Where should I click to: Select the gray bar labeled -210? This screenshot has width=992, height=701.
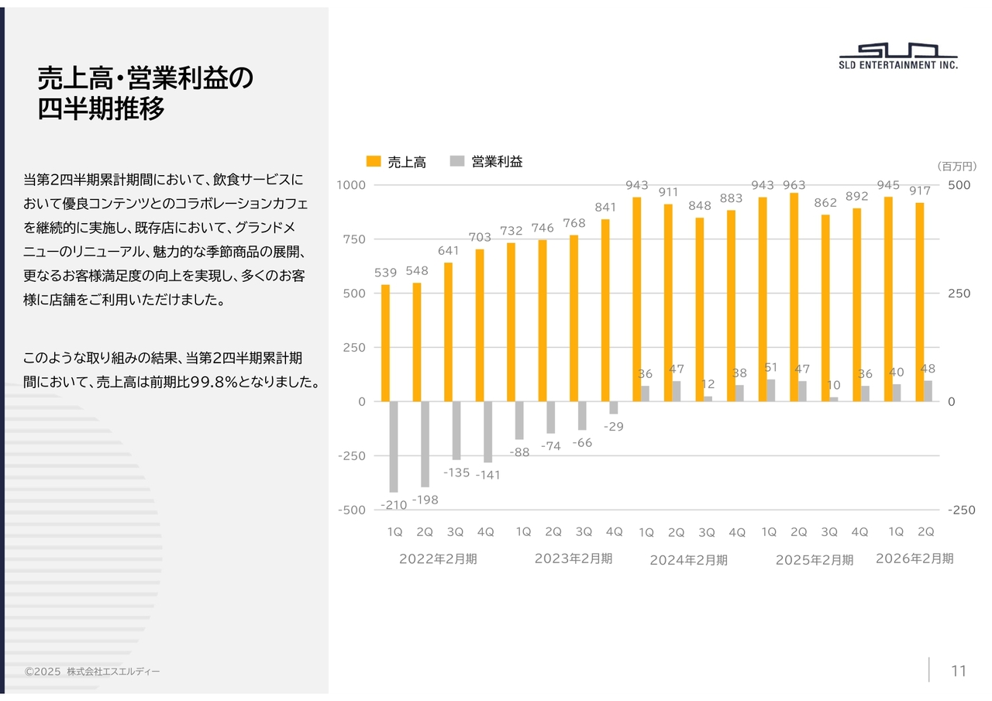tap(394, 446)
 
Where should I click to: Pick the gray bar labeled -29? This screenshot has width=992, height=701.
tap(614, 407)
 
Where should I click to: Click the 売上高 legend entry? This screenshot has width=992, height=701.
tap(396, 162)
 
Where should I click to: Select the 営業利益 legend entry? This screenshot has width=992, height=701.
tap(487, 162)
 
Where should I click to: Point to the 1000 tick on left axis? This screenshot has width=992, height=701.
tap(351, 185)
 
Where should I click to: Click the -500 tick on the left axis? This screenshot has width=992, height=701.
tap(351, 510)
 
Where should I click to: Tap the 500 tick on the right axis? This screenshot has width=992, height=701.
tap(959, 185)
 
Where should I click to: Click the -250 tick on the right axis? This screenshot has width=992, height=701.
tap(962, 510)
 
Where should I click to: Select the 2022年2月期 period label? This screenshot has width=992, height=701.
tap(438, 559)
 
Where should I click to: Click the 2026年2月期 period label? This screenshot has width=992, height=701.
tap(914, 558)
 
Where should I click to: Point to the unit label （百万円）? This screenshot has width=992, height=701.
tap(956, 167)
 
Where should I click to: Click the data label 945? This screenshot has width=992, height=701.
tap(888, 185)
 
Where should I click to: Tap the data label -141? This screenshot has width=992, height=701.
tap(487, 475)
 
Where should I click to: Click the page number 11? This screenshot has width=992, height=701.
tap(959, 671)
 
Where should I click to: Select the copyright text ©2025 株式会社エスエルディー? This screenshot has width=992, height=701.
tap(92, 672)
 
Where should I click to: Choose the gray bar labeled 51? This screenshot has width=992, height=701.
tap(770, 390)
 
